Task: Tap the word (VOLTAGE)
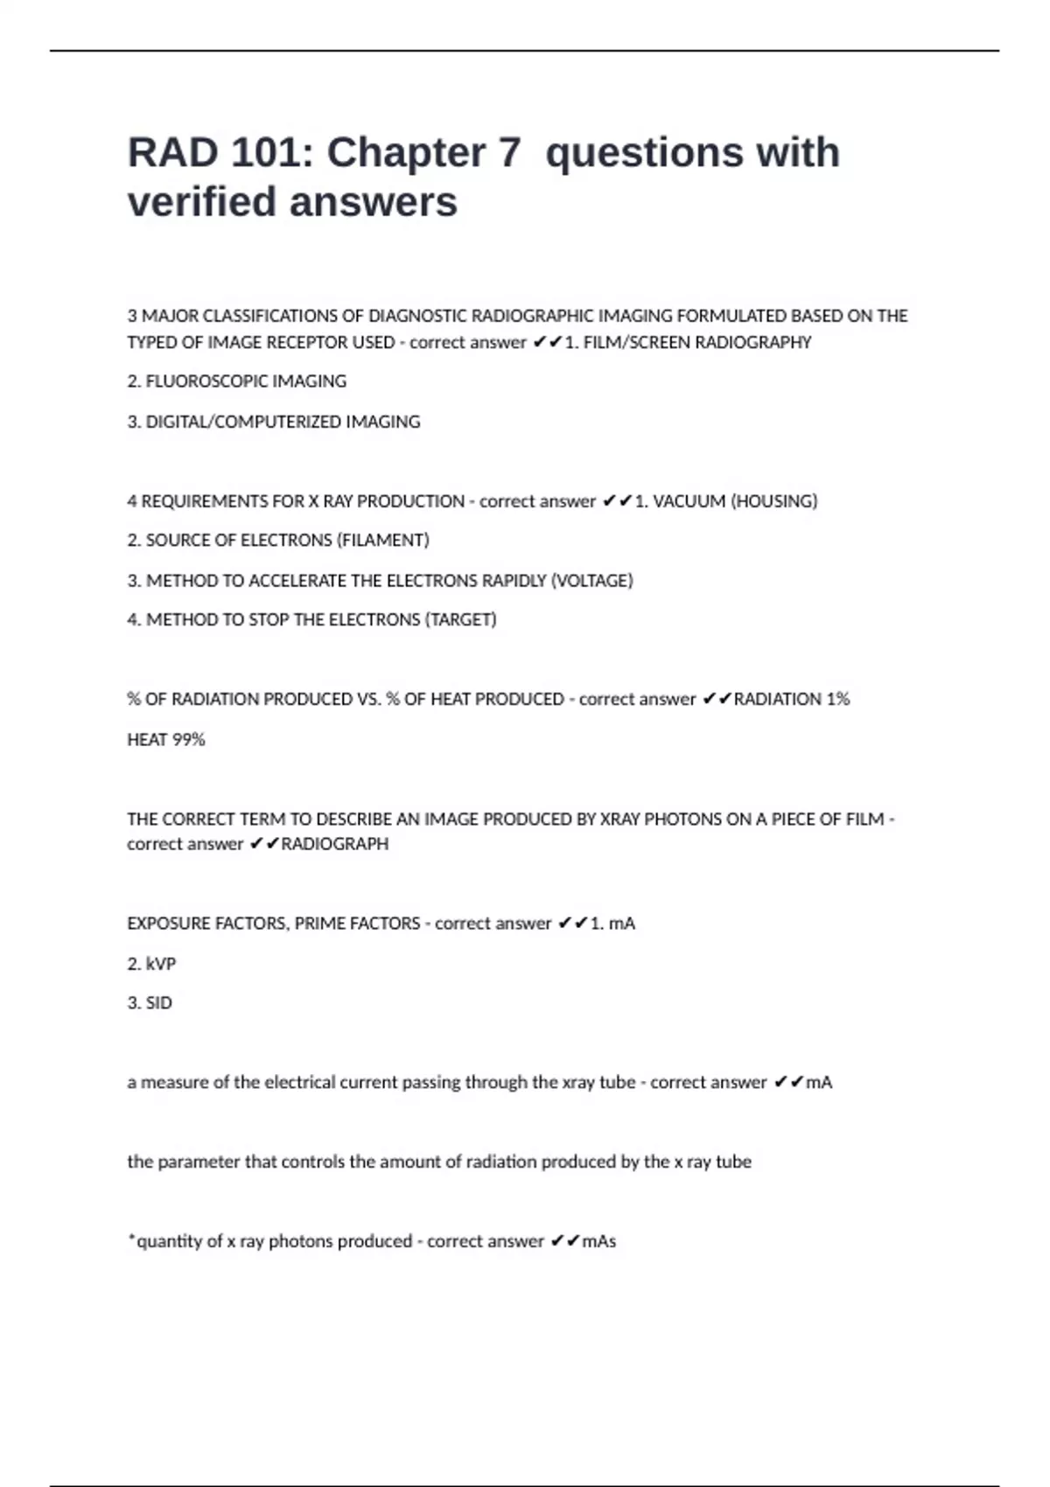(x=591, y=581)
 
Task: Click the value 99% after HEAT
(x=188, y=740)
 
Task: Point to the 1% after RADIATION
(x=837, y=699)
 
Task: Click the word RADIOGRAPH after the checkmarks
(x=334, y=844)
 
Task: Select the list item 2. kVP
(x=151, y=964)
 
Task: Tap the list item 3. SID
(x=150, y=1003)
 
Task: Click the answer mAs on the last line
(x=599, y=1241)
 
